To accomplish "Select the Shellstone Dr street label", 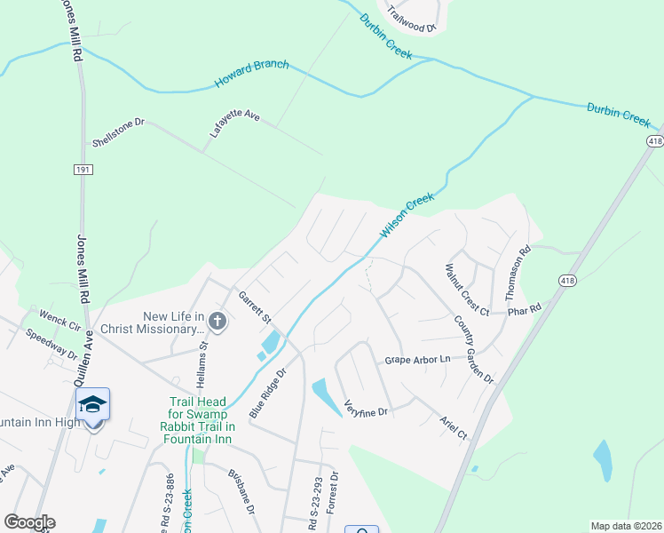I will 118,131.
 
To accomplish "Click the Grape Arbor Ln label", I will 417,360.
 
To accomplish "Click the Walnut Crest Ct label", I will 467,289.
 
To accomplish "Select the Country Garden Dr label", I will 473,349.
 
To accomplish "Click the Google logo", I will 29,522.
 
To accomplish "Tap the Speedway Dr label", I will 52,344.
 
